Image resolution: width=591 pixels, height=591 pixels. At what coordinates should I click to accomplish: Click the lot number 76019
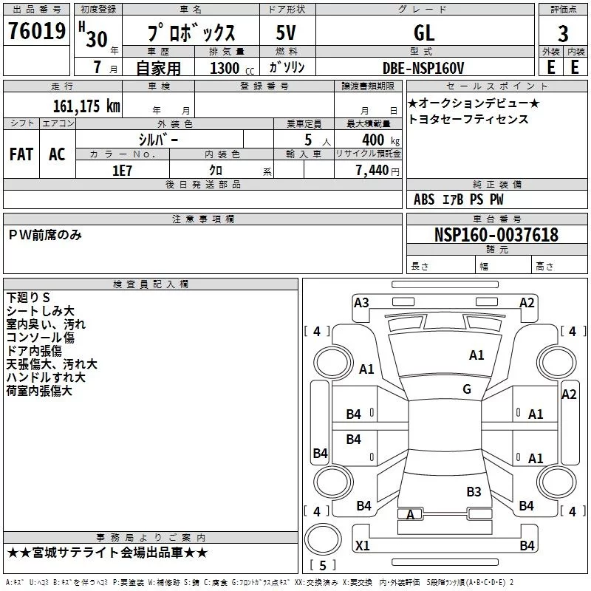point(37,30)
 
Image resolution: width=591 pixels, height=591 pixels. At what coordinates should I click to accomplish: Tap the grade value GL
point(424,33)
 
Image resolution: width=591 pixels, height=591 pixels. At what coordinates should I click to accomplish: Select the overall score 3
point(563,33)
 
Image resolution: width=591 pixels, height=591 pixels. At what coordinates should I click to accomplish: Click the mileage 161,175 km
point(86,106)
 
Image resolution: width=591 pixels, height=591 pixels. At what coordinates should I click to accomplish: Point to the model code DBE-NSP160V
point(423,68)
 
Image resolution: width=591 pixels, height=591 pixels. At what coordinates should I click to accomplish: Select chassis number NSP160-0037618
point(496,234)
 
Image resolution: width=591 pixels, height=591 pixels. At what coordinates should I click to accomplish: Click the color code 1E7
point(122,171)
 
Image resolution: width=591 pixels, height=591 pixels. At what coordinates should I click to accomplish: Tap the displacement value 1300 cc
point(232,68)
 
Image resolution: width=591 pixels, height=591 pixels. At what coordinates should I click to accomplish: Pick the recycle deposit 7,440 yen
point(378,171)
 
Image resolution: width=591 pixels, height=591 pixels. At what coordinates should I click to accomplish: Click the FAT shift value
point(21,154)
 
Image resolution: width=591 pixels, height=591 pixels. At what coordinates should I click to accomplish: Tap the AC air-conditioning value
point(58,154)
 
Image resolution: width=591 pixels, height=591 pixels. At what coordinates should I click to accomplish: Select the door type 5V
point(286,33)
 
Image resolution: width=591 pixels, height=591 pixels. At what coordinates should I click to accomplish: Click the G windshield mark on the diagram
point(467,389)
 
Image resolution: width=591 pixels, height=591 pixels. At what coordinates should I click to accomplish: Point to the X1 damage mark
point(363,545)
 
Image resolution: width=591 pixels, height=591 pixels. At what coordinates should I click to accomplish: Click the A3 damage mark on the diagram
point(361,302)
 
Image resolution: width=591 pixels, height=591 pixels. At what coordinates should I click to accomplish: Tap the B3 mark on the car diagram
point(474,491)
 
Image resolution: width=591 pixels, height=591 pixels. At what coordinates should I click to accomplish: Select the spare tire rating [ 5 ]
point(323,565)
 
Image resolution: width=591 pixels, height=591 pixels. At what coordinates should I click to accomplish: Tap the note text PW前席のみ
point(45,235)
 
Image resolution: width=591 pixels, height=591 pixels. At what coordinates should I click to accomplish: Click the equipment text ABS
point(424,199)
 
